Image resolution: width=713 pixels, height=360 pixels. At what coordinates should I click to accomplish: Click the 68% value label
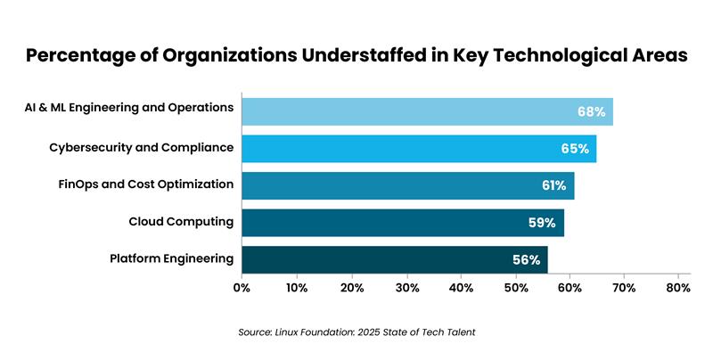(591, 112)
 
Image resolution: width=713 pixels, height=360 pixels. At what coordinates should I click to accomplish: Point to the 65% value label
(575, 149)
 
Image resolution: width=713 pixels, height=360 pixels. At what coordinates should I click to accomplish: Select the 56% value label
(526, 260)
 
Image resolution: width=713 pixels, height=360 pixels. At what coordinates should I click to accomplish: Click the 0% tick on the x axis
(242, 288)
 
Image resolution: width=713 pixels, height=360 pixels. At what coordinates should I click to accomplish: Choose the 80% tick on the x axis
(678, 288)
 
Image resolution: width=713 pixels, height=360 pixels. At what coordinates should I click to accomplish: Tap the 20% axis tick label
(351, 288)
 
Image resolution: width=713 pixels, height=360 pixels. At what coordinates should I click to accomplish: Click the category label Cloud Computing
(181, 222)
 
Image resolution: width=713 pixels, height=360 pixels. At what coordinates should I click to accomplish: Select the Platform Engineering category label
(172, 259)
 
